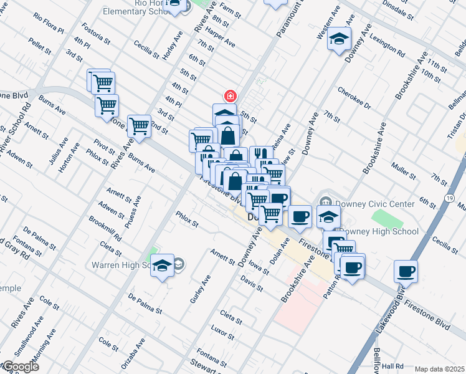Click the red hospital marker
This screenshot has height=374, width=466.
click(230, 96)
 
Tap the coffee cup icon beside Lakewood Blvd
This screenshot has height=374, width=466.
click(406, 271)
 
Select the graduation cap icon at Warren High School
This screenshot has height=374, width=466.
click(163, 266)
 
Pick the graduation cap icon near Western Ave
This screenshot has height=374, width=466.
click(339, 40)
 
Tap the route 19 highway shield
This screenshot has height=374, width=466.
click(449, 198)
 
